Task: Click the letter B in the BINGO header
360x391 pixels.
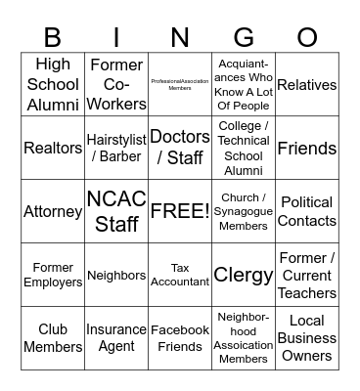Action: (53, 37)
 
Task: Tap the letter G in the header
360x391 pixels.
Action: (244, 37)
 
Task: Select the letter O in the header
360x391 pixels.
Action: (307, 37)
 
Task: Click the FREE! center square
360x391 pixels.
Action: (180, 211)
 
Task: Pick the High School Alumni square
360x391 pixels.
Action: (53, 85)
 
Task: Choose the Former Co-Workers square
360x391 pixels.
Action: (116, 85)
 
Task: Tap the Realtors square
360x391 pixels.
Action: (53, 148)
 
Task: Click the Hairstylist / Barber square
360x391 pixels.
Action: (116, 148)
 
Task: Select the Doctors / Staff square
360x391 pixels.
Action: (180, 148)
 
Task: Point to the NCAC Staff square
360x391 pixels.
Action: (116, 211)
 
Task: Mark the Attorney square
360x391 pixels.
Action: (53, 211)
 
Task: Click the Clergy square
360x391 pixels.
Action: (244, 275)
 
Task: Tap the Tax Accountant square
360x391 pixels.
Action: (180, 275)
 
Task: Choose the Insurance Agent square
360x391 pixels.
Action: (116, 338)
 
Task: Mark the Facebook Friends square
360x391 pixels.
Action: (180, 338)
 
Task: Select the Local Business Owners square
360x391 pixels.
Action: (307, 338)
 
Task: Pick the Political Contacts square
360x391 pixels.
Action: (307, 211)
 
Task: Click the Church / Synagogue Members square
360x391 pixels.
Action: (244, 211)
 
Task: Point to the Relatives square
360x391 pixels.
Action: (307, 85)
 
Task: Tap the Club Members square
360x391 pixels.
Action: (53, 338)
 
